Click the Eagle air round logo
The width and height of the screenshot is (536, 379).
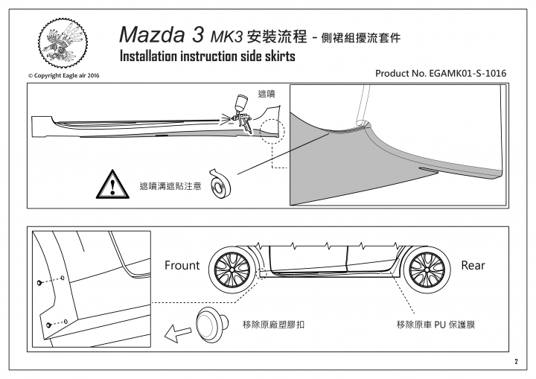63,43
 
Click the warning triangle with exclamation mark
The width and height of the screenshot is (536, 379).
112,185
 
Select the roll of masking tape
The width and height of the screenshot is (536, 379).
220,183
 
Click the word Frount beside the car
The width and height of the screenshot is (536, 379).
182,265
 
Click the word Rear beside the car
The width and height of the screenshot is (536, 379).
473,265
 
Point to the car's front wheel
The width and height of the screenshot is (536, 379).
232,270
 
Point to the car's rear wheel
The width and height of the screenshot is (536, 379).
427,270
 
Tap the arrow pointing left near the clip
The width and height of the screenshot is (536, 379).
177,333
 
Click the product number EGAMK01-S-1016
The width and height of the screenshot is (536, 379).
468,74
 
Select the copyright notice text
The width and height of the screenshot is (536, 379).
63,76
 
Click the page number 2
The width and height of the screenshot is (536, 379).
516,362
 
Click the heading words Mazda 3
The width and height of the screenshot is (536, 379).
162,34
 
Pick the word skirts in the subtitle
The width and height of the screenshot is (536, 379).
280,56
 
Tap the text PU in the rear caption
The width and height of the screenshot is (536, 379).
440,325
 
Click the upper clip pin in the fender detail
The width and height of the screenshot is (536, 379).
39,282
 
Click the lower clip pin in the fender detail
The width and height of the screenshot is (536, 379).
48,325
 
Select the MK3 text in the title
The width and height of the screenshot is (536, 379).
226,37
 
